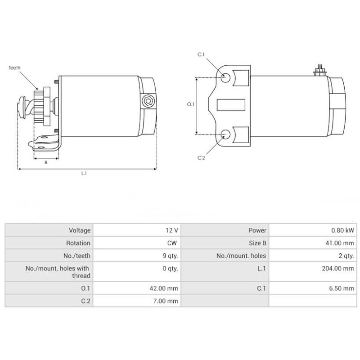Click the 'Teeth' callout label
pos(14,68)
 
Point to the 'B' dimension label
pos(45,162)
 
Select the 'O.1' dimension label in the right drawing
pos(190,104)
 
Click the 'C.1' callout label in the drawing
pos(201,54)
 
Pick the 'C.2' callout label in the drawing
pos(201,157)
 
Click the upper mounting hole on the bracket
pos(227,78)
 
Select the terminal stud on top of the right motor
pos(319,69)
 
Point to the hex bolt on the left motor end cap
pos(147,101)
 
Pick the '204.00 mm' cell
pos(338,269)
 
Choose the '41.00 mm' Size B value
pos(340,243)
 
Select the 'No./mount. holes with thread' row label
pos(58,272)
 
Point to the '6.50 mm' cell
pos(342,288)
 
